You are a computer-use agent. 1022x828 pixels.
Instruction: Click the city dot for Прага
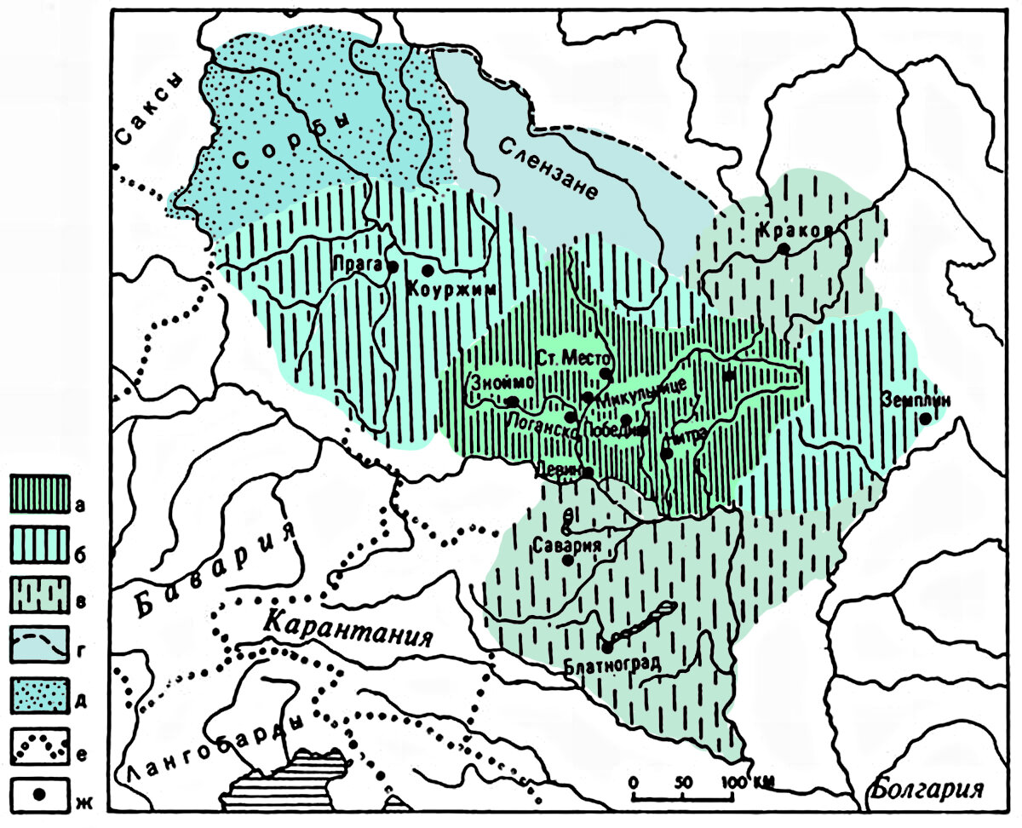point(393,267)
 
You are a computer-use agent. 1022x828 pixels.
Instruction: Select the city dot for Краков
point(784,248)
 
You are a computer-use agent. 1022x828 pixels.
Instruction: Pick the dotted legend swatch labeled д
point(38,695)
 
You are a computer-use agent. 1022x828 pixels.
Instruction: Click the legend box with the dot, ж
point(38,794)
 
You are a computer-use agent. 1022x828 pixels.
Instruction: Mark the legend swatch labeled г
point(38,646)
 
